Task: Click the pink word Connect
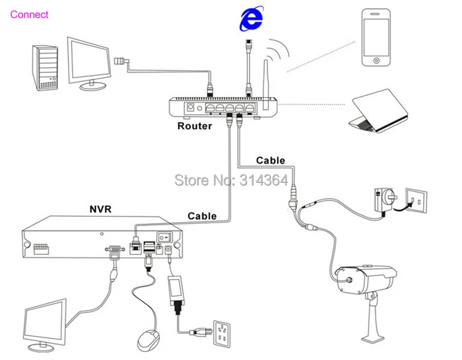[29, 14]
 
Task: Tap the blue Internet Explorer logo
[251, 18]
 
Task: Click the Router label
[195, 126]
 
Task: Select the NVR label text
[100, 209]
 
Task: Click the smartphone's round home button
[377, 61]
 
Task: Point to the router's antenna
[266, 85]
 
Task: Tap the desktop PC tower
[45, 68]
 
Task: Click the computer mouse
[149, 340]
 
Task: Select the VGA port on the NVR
[115, 249]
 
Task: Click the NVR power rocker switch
[165, 237]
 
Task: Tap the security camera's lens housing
[349, 280]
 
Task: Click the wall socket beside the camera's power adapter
[416, 200]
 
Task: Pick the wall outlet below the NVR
[222, 334]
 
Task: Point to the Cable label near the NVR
[202, 216]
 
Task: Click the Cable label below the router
[270, 160]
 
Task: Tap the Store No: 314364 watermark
[231, 180]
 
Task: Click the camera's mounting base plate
[373, 339]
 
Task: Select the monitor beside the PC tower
[89, 63]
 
